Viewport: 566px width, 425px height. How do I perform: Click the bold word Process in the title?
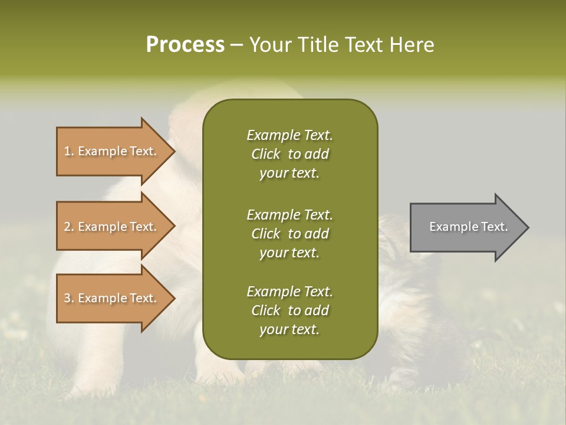point(185,45)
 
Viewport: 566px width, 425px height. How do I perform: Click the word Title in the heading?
point(318,45)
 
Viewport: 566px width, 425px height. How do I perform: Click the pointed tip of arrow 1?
point(173,151)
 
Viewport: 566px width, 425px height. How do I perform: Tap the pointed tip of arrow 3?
point(173,298)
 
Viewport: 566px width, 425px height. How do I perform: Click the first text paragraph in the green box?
point(289,154)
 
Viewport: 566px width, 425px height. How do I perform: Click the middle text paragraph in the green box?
point(289,234)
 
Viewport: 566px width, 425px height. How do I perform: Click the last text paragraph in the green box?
point(289,310)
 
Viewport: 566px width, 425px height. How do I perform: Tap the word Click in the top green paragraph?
point(266,154)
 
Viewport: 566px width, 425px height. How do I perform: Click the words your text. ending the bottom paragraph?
point(289,329)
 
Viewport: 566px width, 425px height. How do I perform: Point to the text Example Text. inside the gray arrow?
point(468,227)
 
